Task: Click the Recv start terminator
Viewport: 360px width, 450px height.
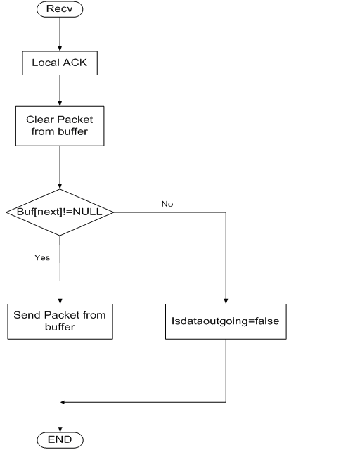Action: tap(60, 9)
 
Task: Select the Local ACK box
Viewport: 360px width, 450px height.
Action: tap(60, 63)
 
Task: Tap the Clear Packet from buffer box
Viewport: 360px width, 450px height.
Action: tap(60, 126)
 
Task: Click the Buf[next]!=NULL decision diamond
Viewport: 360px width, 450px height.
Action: tap(60, 212)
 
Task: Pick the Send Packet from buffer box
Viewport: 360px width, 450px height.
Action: tap(60, 321)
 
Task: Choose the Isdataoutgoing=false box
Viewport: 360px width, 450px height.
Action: tap(226, 321)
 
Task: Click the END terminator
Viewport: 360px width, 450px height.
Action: tap(60, 439)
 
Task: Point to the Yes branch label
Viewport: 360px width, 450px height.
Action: tap(42, 257)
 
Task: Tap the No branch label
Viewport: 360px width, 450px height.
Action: tap(167, 204)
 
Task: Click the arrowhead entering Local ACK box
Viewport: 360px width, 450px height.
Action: tap(60, 49)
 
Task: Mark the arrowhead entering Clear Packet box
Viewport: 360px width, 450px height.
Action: tap(60, 103)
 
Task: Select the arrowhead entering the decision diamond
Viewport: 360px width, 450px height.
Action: tap(60, 186)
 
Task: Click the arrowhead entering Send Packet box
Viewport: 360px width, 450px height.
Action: tap(60, 301)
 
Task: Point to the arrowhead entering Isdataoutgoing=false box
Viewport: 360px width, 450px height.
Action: tap(226, 301)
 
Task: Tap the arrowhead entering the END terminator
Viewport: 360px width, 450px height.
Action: tap(60, 429)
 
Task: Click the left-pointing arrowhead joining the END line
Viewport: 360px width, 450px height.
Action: tap(63, 402)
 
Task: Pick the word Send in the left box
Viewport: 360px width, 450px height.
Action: tap(27, 315)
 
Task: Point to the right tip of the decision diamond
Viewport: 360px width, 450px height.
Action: tap(113, 212)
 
